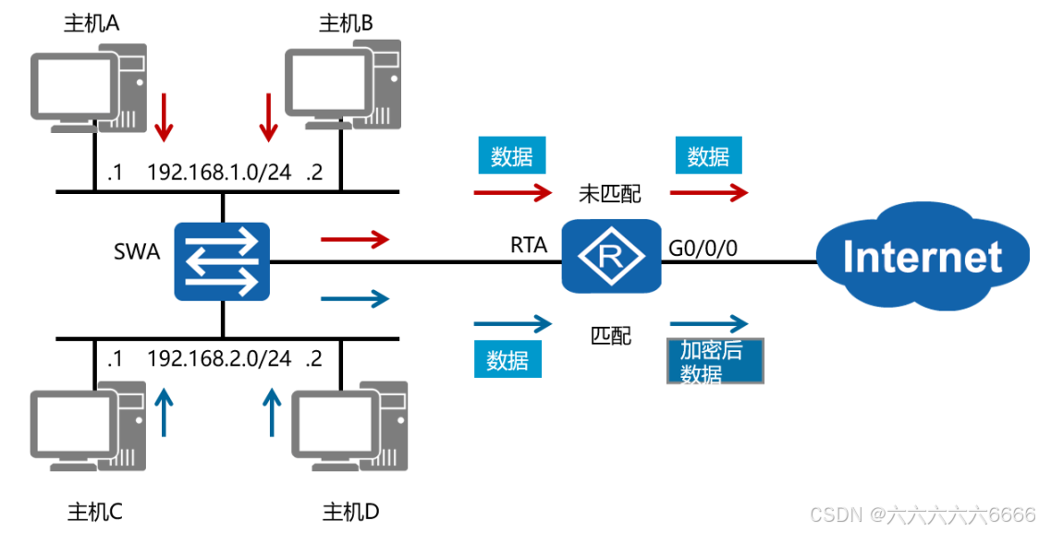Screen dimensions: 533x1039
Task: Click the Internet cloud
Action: click(x=922, y=255)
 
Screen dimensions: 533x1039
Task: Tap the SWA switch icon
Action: click(x=222, y=260)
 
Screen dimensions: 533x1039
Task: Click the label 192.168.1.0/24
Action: click(x=219, y=172)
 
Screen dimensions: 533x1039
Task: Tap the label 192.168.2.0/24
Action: click(x=219, y=358)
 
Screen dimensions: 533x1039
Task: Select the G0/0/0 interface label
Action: click(x=703, y=246)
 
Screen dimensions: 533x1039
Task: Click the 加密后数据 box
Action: click(x=715, y=361)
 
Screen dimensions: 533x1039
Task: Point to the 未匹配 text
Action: click(x=609, y=193)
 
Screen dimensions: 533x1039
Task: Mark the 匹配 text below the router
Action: click(x=611, y=334)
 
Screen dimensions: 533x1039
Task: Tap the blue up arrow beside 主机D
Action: click(x=271, y=411)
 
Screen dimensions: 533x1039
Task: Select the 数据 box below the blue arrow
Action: click(x=507, y=359)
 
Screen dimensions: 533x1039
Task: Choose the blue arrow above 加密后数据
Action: click(x=708, y=323)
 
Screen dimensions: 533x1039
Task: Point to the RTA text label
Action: click(x=529, y=245)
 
